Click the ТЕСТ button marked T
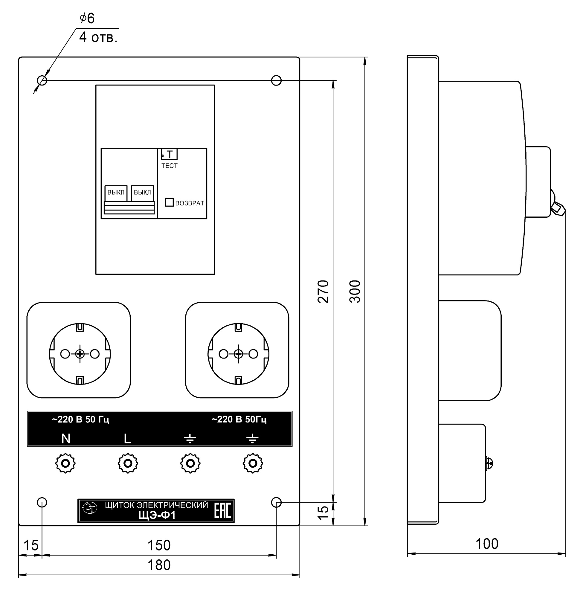[x=169, y=154]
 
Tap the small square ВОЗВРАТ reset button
[x=169, y=202]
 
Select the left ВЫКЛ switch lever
[x=116, y=193]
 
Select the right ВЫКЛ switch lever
[x=142, y=193]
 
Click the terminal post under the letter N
[x=65, y=463]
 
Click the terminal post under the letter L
[x=128, y=463]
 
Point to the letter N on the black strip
[x=66, y=439]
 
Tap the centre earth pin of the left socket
[x=80, y=354]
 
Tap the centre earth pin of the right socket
[x=239, y=354]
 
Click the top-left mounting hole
[x=42, y=80]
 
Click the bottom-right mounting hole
[x=277, y=502]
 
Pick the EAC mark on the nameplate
[x=223, y=510]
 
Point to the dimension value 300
[x=355, y=291]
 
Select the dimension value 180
[x=159, y=565]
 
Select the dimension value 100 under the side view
[x=487, y=544]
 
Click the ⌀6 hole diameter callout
[x=87, y=18]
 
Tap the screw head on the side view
[x=490, y=463]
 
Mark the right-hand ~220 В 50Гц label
[x=239, y=419]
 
